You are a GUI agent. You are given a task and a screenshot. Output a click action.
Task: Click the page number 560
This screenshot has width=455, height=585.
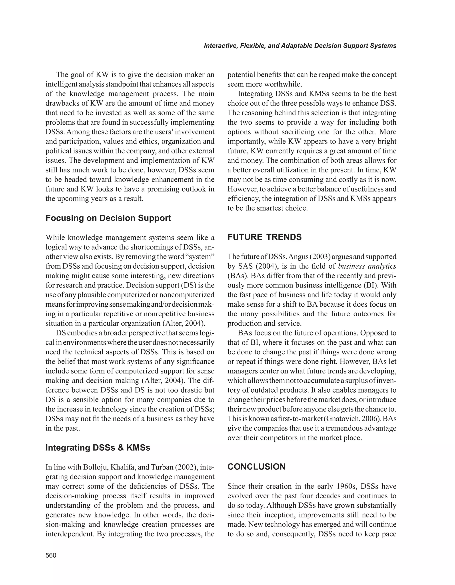coord(51,555)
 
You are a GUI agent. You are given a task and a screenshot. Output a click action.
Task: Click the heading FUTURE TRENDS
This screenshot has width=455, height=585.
coord(264,237)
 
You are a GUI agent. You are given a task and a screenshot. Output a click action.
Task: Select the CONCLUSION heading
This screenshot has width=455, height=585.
coord(256,467)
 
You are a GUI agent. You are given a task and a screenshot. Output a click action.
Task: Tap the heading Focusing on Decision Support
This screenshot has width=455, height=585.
coord(108,218)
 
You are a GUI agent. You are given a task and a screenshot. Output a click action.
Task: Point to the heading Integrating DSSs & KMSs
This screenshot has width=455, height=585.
coord(98,448)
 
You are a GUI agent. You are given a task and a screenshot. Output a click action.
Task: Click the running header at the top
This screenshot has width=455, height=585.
coord(300,46)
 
